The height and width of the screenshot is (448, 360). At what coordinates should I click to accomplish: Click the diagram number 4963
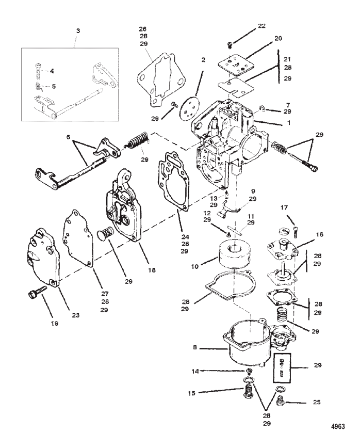click(x=338, y=426)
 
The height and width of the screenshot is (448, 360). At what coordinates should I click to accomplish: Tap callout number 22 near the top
click(x=261, y=26)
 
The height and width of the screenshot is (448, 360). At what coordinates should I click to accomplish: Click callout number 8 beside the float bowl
click(x=195, y=348)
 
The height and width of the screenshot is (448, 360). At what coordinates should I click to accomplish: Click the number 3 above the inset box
click(x=78, y=31)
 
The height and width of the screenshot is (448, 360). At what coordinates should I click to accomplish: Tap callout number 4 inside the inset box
click(x=52, y=71)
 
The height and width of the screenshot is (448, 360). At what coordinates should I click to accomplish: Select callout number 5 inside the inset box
click(x=54, y=86)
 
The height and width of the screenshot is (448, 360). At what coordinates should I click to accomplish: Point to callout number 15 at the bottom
click(x=191, y=393)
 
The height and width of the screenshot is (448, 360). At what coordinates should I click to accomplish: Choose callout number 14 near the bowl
click(x=195, y=372)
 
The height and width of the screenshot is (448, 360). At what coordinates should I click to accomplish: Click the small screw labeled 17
click(x=296, y=231)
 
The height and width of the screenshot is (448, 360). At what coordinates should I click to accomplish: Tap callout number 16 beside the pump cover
click(x=320, y=234)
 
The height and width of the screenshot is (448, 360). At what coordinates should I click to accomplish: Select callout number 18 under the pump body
click(x=152, y=270)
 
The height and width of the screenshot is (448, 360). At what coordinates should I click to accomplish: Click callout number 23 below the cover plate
click(x=76, y=315)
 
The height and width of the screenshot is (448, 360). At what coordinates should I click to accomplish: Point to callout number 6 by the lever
click(x=68, y=137)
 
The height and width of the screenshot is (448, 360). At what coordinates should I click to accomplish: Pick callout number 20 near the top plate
click(x=278, y=38)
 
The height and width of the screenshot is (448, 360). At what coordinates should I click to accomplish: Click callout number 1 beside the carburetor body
click(x=289, y=122)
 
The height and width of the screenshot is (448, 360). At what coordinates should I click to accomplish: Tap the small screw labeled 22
click(x=229, y=44)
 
